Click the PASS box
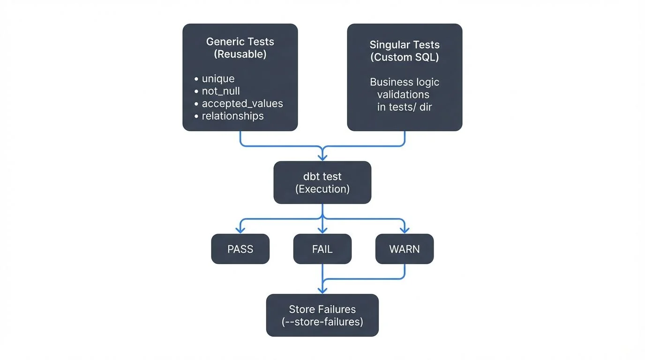[x=240, y=249]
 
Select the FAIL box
[x=322, y=249]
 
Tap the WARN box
[x=404, y=249]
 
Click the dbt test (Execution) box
[x=322, y=182]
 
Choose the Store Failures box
[x=322, y=315]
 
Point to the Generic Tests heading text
[x=240, y=41]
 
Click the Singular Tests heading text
[x=405, y=45]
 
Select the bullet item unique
[x=218, y=79]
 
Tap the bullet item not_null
[x=221, y=91]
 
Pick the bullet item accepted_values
[x=242, y=103]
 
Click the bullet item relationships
[x=232, y=116]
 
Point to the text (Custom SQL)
[x=405, y=57]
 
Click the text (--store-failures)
[x=322, y=322]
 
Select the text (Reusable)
[x=240, y=54]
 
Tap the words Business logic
[x=405, y=82]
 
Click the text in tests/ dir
[x=405, y=107]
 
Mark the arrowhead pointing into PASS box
[x=240, y=230]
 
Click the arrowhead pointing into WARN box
[x=404, y=230]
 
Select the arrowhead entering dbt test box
[x=322, y=157]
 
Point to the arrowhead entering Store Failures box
[x=322, y=290]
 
